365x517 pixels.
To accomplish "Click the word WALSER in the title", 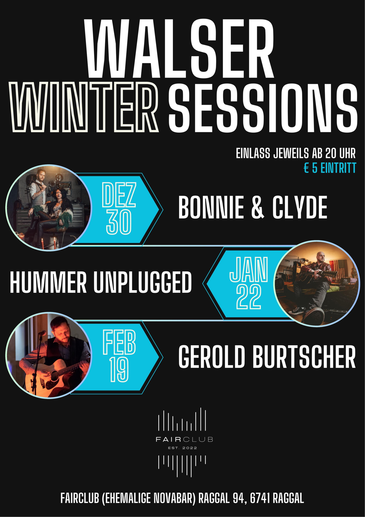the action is (179, 48).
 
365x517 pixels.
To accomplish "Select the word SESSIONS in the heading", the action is (263, 108).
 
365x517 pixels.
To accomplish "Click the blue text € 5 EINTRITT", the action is (330, 168).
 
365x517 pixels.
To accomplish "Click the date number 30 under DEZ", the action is (119, 222).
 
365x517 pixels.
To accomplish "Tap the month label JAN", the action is (249, 269).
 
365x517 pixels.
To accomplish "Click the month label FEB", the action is (119, 342).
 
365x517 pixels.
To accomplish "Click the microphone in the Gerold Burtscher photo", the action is (42, 333).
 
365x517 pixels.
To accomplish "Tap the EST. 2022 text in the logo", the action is (182, 448).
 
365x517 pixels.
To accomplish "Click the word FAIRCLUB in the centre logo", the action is (184, 439).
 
